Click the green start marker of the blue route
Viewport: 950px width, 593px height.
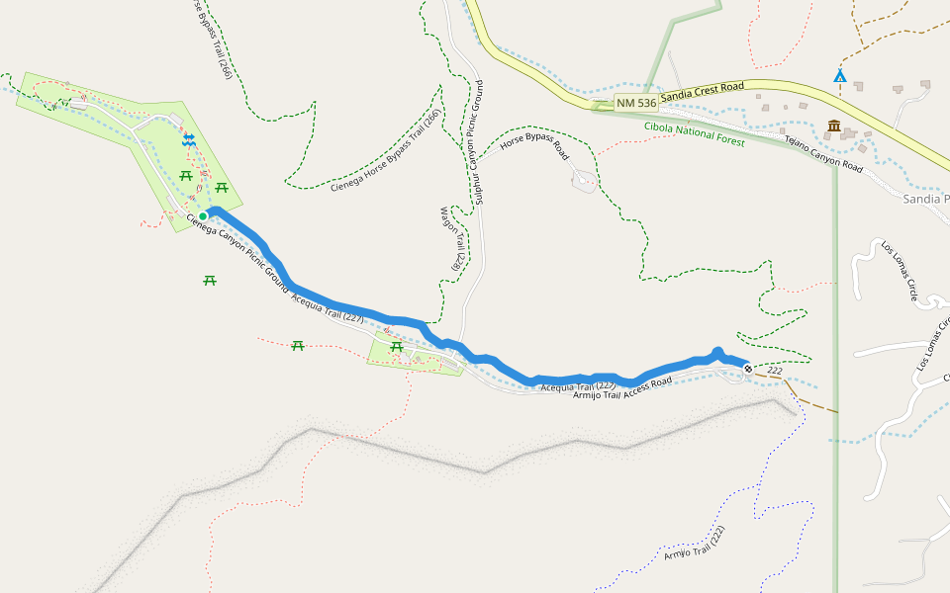202,215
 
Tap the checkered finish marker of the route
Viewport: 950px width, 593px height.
748,369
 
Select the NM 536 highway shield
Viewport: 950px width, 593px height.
635,103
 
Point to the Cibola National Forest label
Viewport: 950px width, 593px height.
694,133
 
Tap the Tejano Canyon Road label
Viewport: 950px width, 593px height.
823,153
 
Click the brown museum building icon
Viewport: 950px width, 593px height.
834,127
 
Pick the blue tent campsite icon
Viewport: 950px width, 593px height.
840,75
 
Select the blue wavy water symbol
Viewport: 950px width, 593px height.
189,141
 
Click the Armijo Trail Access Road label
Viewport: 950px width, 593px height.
622,388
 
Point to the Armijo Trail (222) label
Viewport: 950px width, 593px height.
695,545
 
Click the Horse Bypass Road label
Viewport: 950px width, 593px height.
534,149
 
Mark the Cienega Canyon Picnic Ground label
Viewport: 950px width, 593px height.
237,254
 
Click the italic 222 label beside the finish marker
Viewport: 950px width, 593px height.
774,371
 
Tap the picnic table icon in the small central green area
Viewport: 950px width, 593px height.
396,346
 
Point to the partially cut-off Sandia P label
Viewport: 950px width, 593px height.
926,199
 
